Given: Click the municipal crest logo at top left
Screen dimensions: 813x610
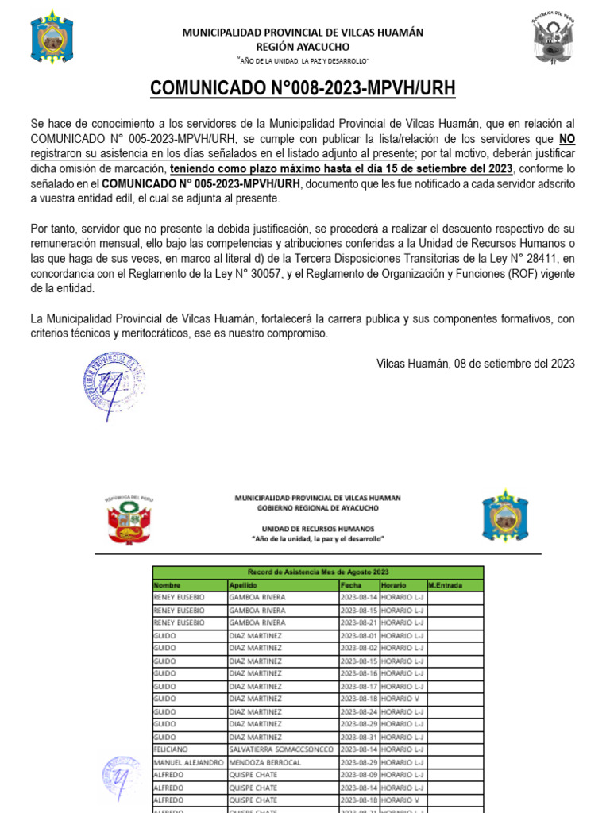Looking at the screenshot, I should (x=52, y=37).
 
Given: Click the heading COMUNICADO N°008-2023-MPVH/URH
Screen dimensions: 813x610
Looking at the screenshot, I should (x=303, y=88).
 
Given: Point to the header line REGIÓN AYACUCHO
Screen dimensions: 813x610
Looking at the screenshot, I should (x=303, y=46).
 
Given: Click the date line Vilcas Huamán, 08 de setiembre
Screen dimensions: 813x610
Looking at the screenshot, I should (x=475, y=364).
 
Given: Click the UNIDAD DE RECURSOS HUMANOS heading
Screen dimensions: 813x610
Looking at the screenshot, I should (x=317, y=528).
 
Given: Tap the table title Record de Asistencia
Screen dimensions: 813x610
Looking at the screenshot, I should (x=317, y=572).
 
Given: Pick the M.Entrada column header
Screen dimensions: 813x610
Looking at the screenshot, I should (x=445, y=585).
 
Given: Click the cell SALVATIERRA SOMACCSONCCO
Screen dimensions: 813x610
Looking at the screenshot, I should (x=282, y=749).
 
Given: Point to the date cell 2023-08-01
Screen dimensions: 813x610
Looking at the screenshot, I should (x=357, y=636).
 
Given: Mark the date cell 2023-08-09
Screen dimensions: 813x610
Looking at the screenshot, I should (x=357, y=775).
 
